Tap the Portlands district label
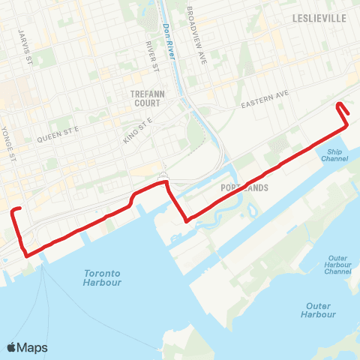(245, 188)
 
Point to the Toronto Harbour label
(103, 277)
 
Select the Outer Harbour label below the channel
(321, 310)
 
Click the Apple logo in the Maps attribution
(12, 347)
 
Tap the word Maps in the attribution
(33, 347)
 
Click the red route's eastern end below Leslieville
(338, 104)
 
